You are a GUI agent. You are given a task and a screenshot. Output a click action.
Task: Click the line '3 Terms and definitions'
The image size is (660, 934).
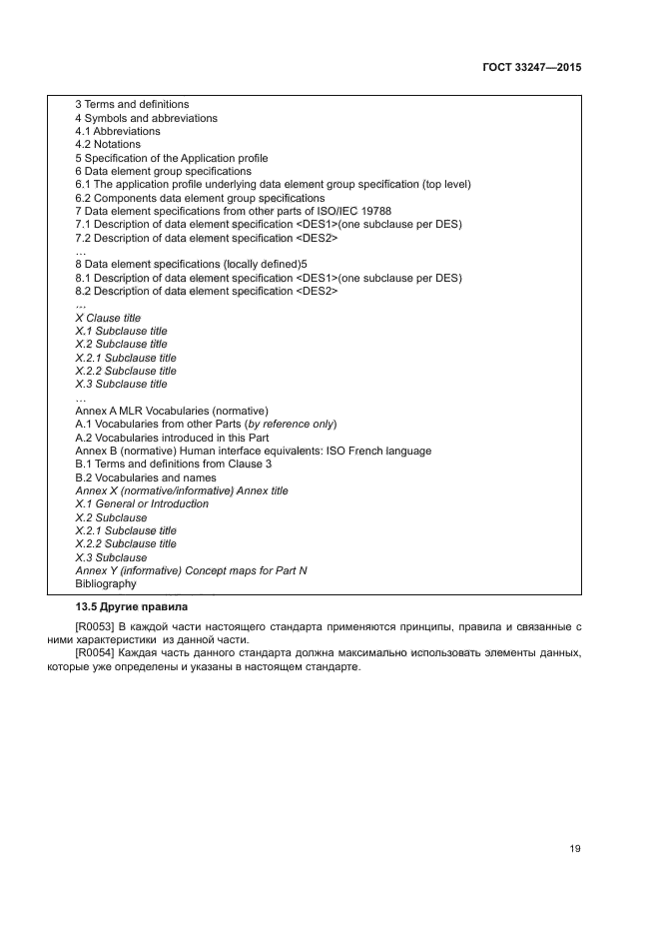point(132,105)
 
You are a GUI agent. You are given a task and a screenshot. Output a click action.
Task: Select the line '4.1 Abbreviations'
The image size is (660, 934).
point(117,131)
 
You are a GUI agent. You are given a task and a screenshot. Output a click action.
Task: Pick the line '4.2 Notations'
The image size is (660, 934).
point(108,145)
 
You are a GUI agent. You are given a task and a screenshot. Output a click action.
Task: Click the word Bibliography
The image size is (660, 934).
point(105,583)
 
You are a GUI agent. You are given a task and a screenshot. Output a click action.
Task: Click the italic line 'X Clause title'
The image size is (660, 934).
point(108,318)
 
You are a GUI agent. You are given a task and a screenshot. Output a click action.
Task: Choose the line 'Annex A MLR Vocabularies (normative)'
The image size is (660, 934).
point(172,411)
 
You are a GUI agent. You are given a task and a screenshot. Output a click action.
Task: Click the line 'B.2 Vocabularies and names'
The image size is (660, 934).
point(146,477)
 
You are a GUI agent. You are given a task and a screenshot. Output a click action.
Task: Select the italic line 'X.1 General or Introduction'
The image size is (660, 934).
point(142,503)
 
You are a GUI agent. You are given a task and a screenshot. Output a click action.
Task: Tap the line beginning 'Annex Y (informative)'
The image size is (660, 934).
point(191,570)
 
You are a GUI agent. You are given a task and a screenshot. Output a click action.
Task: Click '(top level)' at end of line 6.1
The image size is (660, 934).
point(445,184)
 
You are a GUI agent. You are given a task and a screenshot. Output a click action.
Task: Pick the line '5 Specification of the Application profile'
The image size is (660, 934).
point(172,158)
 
